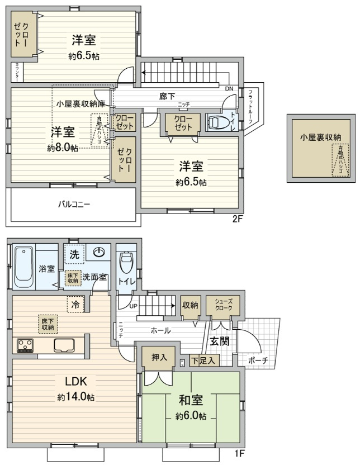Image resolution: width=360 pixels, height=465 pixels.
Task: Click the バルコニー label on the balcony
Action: [74, 204]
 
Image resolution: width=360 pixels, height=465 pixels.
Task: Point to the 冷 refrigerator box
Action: [74, 305]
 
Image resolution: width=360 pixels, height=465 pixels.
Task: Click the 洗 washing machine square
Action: [74, 254]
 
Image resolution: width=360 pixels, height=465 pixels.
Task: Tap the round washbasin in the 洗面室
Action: [99, 253]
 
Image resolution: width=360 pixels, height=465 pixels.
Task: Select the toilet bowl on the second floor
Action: [217, 122]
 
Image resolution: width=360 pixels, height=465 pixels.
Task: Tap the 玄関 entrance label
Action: [219, 341]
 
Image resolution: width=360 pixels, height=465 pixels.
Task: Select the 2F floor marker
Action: [237, 219]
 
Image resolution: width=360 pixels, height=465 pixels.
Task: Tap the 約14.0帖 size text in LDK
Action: [75, 397]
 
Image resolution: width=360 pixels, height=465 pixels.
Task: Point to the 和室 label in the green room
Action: [191, 400]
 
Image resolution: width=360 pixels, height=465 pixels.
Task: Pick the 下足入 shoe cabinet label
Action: [203, 361]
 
